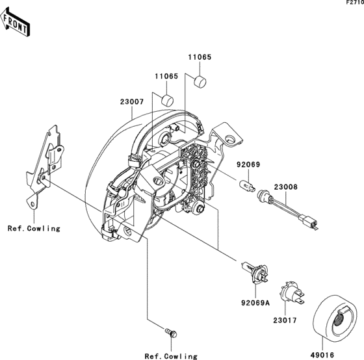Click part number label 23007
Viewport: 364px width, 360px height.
131,101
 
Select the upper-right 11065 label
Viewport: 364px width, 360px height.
200,58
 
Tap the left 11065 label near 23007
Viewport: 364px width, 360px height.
166,76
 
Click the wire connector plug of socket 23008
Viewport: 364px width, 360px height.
314,224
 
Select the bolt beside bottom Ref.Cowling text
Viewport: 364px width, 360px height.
171,333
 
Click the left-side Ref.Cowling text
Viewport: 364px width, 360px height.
34,228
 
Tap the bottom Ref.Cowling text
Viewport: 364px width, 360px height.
170,356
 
